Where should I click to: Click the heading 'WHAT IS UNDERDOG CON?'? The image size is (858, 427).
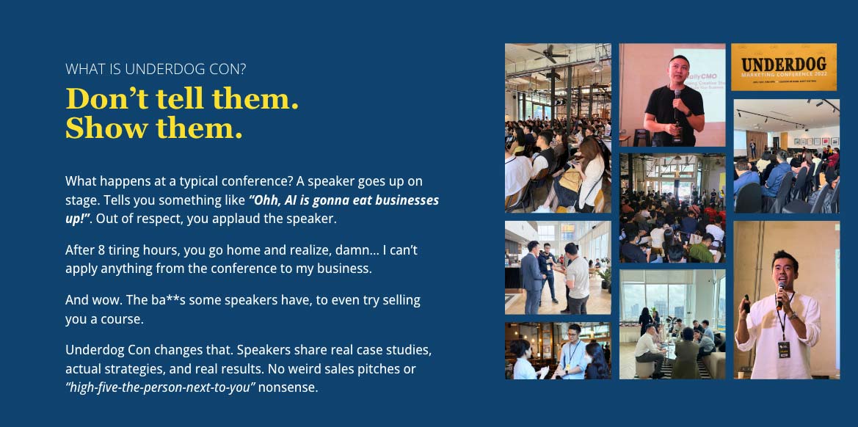tap(156, 70)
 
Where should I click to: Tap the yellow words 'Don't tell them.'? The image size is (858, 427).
tap(182, 99)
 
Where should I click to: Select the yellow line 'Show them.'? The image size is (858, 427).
tap(153, 128)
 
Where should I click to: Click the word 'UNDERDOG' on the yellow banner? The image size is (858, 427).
tap(784, 65)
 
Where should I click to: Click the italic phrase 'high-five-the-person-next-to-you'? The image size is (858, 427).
tap(162, 388)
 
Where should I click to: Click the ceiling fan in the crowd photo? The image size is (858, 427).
tap(548, 54)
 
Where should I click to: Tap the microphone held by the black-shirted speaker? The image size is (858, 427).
tap(677, 104)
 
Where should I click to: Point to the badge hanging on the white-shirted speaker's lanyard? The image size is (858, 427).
tap(784, 348)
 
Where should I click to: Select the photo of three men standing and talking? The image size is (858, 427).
tap(558, 268)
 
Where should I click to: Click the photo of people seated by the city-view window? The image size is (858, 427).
tap(672, 324)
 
